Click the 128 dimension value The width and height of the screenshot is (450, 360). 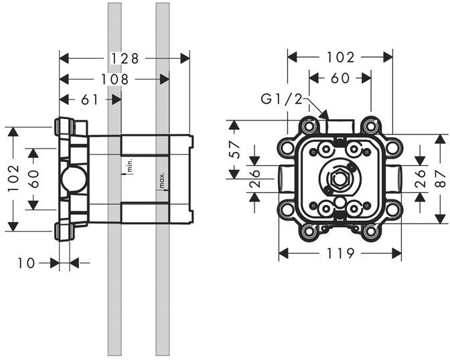coord(125,59)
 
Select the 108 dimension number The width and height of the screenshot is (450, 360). coord(115,80)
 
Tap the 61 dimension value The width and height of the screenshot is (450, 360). coord(90,100)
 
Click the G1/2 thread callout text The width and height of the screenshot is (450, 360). coord(281,100)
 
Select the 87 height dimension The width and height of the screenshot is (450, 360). coord(442,179)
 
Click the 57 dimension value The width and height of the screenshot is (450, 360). coord(235,149)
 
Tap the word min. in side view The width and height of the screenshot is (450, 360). coord(129,165)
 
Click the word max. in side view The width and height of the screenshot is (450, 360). coord(162,180)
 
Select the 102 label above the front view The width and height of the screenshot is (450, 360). coord(341,58)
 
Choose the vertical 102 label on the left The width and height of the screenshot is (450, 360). coord(14,178)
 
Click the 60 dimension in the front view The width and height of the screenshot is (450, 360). coord(340,78)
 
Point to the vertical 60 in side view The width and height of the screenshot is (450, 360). coord(33,179)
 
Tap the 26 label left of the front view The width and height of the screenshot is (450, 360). coord(254,179)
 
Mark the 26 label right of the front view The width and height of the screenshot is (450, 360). coord(420,179)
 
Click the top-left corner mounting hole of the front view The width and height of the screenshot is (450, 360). coord(309,126)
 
